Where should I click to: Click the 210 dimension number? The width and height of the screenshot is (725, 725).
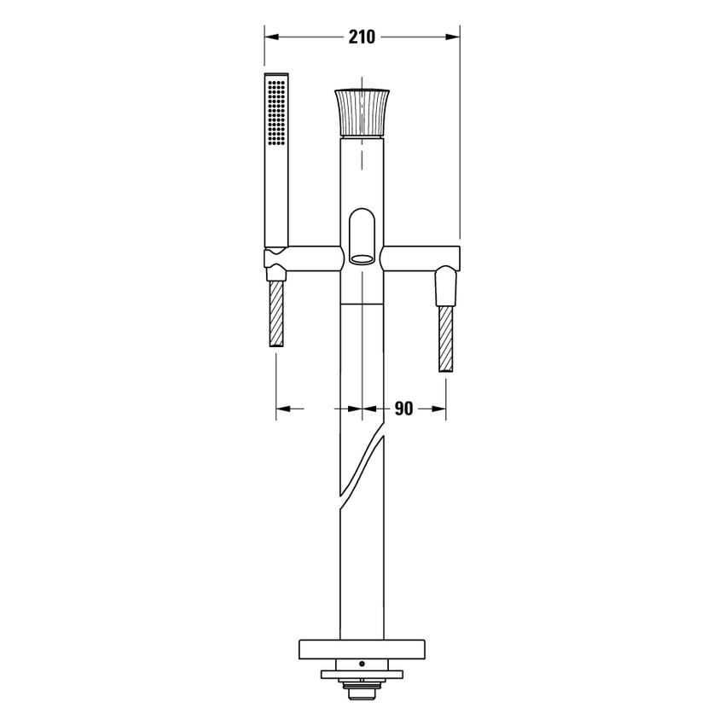tap(362, 37)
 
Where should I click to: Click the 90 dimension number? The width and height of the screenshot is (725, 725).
tap(403, 409)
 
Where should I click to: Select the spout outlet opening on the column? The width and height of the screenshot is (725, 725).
tap(362, 253)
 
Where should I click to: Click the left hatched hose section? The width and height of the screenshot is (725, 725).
tap(276, 314)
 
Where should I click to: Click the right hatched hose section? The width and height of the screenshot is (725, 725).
tap(446, 339)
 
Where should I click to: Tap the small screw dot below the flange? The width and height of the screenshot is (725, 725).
tap(362, 664)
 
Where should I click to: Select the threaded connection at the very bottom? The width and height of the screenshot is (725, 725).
tap(362, 686)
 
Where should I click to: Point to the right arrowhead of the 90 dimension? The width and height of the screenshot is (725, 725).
tap(439, 409)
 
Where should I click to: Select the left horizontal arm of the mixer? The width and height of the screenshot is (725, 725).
tap(316, 255)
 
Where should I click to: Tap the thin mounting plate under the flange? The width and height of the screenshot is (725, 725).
tap(362, 674)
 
